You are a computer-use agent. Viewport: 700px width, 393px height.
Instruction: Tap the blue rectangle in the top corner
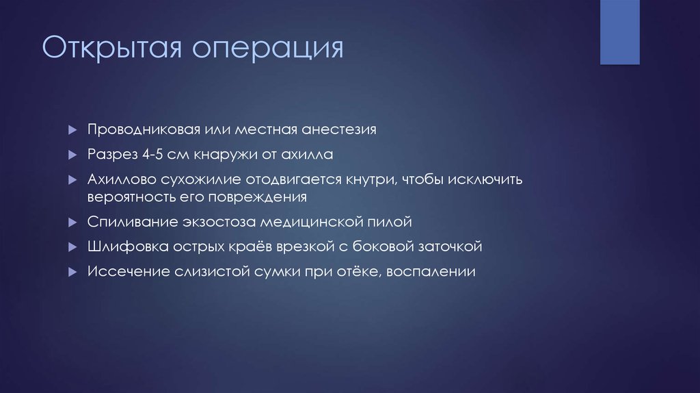pos(619,31)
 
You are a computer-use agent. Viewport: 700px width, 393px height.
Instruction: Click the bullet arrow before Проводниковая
pos(72,130)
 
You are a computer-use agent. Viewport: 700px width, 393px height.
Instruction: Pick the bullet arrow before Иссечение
pos(72,271)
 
